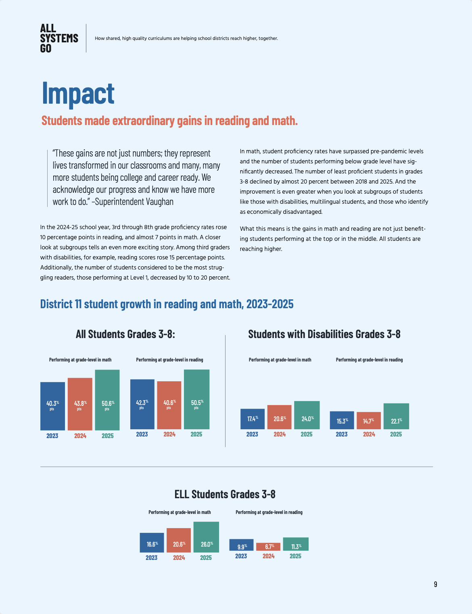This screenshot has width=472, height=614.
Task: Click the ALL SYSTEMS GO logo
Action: (x=59, y=38)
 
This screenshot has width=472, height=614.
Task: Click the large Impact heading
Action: (x=78, y=93)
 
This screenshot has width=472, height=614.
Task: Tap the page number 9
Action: (x=435, y=584)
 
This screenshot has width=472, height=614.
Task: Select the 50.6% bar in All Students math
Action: (x=107, y=400)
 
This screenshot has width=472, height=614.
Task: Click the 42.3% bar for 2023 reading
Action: (x=142, y=404)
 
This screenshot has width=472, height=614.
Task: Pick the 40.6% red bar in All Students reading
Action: (x=169, y=405)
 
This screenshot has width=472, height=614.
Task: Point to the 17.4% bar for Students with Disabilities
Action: (x=253, y=419)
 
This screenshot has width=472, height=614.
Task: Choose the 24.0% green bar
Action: (x=307, y=415)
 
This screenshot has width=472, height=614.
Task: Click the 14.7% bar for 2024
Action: (x=368, y=420)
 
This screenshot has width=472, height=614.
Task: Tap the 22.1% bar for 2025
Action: (x=396, y=416)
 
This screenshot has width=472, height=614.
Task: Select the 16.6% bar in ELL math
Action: (x=152, y=543)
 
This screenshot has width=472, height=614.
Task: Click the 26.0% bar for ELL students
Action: (x=206, y=537)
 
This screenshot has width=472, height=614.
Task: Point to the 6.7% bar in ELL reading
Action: (x=268, y=547)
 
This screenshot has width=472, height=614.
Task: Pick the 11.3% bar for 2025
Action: (x=296, y=544)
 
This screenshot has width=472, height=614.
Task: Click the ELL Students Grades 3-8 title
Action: (x=225, y=494)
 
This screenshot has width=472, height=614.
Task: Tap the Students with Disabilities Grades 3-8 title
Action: (x=324, y=334)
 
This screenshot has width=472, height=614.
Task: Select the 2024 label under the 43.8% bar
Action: (x=80, y=436)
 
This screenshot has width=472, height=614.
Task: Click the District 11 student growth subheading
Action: (x=167, y=304)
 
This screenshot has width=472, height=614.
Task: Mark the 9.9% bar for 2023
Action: (x=241, y=545)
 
